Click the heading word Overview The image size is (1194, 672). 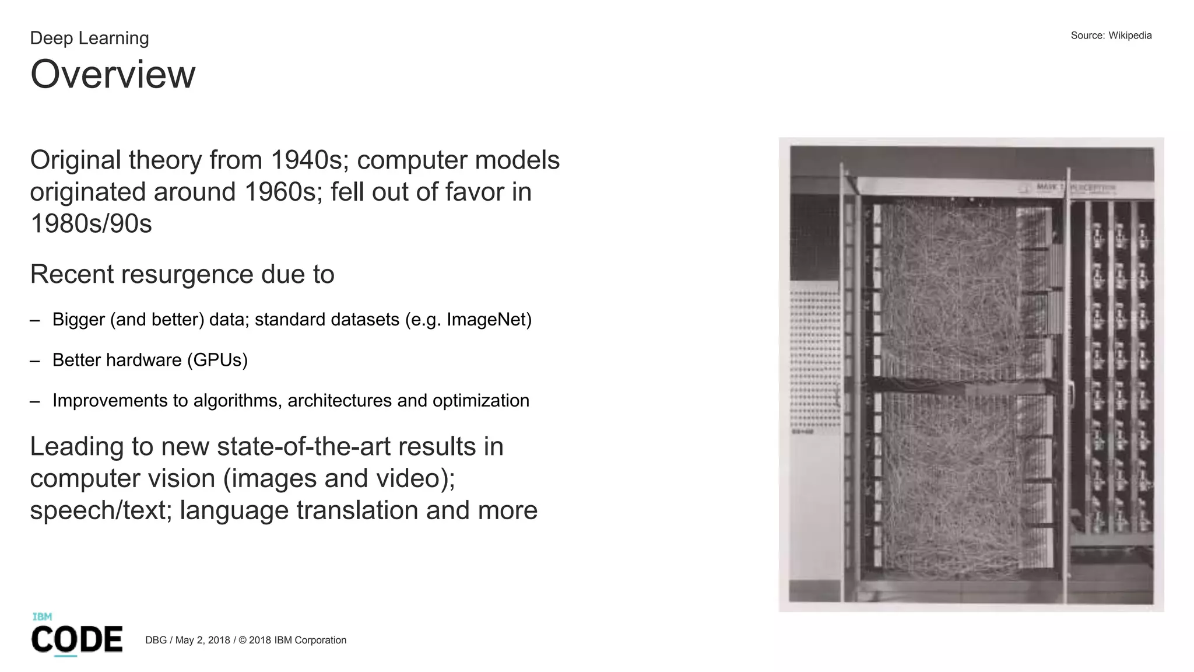coord(113,75)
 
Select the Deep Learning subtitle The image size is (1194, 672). coord(89,38)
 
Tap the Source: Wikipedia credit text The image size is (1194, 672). coord(1111,36)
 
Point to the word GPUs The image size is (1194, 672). coord(217,360)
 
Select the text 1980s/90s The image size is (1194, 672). coord(91,224)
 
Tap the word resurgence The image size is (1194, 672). coord(187,274)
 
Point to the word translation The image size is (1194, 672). coord(358,510)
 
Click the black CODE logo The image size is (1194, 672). coord(77,639)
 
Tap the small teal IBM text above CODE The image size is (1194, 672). coord(42,617)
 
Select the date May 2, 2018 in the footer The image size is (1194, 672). coord(203,640)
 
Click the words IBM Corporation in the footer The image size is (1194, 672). coord(310,640)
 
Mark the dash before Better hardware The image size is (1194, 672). coord(35,360)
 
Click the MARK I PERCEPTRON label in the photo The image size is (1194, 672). coord(1076,188)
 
